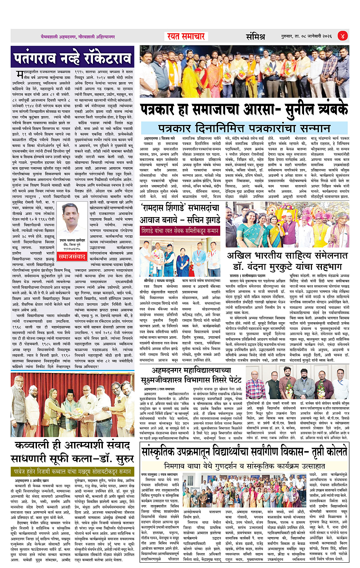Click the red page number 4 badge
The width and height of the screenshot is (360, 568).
[342, 36]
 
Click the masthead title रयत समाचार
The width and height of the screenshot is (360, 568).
[186, 37]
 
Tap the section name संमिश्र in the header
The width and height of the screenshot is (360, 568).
[255, 37]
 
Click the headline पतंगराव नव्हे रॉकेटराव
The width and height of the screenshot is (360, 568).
[72, 58]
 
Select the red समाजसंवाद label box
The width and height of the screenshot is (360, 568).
[72, 257]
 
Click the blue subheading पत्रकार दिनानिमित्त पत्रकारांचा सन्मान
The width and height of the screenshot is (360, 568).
[244, 128]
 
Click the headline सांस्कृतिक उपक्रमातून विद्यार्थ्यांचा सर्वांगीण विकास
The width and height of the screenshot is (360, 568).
[244, 452]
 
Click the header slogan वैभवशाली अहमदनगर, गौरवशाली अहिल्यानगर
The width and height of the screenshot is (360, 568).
[78, 37]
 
